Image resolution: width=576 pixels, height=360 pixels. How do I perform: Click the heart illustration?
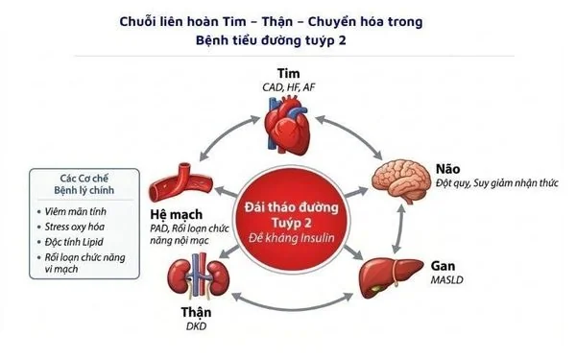tap(288, 125)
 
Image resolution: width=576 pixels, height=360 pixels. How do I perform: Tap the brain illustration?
tap(400, 180)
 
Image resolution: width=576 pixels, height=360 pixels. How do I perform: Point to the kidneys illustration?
tap(199, 278)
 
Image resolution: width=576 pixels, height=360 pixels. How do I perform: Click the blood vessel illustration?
tap(181, 182)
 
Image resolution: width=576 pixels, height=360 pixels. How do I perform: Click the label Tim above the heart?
tap(288, 74)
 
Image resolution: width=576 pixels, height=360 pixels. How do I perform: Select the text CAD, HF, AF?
tap(288, 87)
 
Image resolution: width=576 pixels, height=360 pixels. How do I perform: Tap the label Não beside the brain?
tap(447, 169)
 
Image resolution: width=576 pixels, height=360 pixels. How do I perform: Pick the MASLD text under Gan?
tap(447, 280)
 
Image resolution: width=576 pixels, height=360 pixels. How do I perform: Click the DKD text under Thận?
tap(197, 326)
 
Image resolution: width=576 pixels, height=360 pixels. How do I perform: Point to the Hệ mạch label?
tap(177, 214)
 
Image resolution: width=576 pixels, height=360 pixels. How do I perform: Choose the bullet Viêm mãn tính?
tap(75, 211)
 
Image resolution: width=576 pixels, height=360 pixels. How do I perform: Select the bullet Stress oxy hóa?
tap(75, 227)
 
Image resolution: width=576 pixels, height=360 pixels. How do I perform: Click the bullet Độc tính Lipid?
tap(74, 242)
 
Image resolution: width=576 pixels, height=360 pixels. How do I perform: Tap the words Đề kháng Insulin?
tap(292, 238)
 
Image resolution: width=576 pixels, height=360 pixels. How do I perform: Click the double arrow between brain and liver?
tap(398, 228)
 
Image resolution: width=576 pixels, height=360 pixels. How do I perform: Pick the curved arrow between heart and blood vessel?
tap(226, 133)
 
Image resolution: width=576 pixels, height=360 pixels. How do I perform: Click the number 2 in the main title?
tap(342, 40)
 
